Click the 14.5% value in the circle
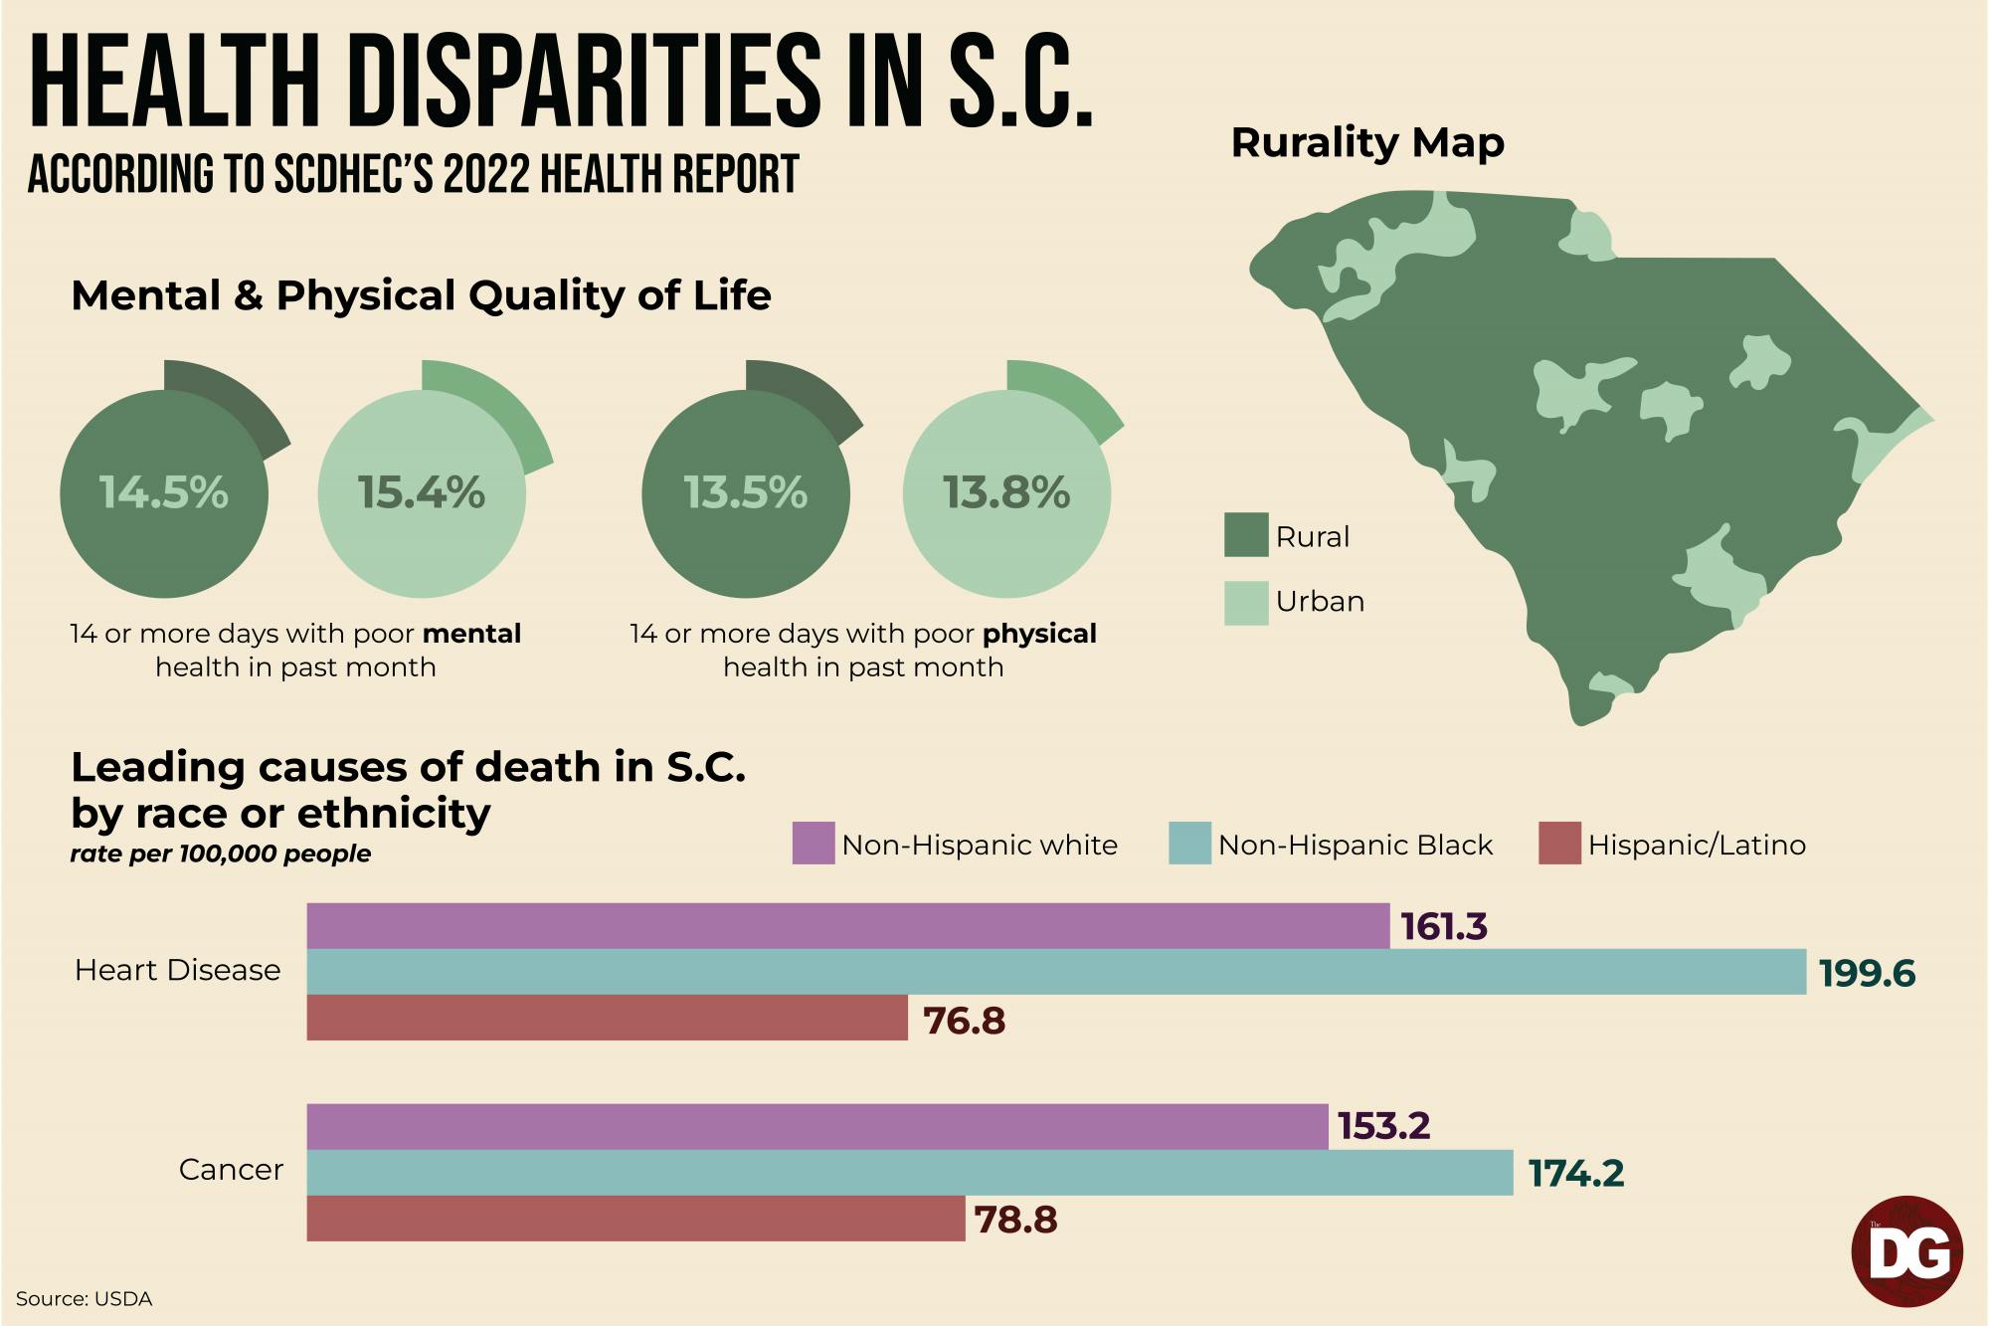coord(164,493)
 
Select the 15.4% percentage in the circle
coord(422,493)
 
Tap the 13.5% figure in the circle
coord(746,493)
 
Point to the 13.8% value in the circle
coord(1006,493)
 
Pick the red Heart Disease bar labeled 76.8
coord(607,1018)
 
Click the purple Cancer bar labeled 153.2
coord(816,1126)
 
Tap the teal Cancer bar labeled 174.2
coord(909,1173)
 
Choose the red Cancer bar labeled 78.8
coord(635,1219)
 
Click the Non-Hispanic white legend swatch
coord(813,844)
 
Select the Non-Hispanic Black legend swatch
coord(1189,844)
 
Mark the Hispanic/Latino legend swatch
coord(1559,844)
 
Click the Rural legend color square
coord(1246,535)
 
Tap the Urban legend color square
coord(1246,603)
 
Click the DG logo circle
coord(1907,1251)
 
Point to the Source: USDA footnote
coord(85,1299)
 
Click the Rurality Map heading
coord(1367,143)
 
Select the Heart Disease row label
coord(178,971)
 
